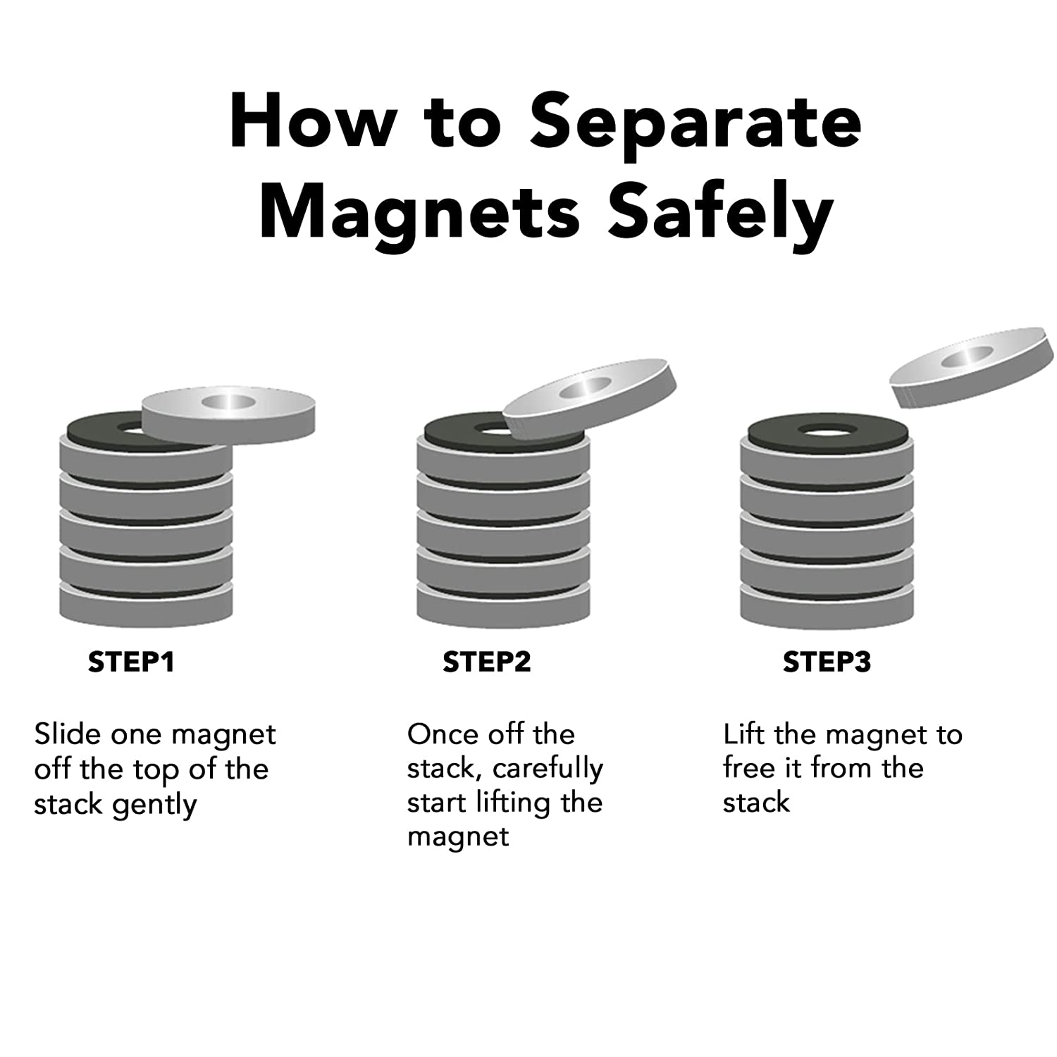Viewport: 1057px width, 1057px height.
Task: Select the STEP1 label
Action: point(131,662)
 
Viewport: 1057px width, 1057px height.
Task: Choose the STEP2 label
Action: point(486,662)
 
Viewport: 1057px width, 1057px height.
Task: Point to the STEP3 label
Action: point(827,662)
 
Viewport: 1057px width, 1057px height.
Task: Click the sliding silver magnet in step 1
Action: point(228,415)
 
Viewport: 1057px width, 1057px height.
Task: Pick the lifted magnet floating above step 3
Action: point(975,366)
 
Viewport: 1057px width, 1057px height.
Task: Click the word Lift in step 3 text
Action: point(746,734)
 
